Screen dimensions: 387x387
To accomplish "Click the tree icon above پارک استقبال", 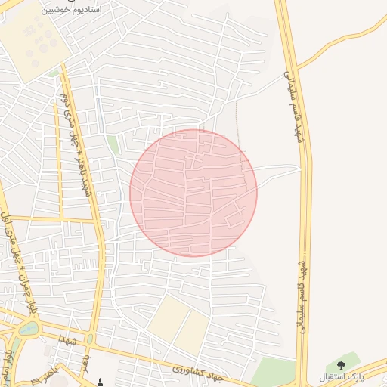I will click(342, 365).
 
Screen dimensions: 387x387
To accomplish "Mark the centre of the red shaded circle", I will click(193, 193).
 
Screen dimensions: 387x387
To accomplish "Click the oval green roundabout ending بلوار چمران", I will click(28, 329).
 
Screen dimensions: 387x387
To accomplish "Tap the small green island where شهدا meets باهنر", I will click(90, 339).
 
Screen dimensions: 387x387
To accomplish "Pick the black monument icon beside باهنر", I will click(101, 382).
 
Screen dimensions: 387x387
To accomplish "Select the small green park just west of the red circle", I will click(113, 144).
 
